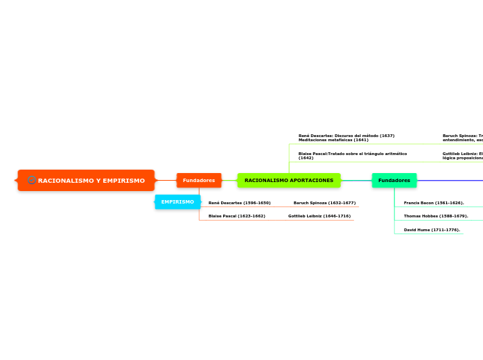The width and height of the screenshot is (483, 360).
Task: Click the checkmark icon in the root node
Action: coord(31,180)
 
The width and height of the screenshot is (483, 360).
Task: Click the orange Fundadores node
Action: coord(199,180)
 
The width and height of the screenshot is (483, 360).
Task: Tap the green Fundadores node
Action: coord(394,180)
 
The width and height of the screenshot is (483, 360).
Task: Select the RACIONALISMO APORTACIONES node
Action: coord(288,180)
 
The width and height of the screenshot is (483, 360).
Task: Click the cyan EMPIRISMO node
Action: coord(177,201)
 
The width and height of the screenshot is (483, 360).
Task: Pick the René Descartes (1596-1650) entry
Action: coord(239,203)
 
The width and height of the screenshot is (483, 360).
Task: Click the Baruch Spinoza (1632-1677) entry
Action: coord(324,203)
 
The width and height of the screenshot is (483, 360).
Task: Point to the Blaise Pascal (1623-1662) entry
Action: coord(236,216)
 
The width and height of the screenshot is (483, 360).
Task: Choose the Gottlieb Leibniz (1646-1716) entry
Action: coord(319,216)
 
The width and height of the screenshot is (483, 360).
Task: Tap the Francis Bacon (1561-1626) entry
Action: coord(434,203)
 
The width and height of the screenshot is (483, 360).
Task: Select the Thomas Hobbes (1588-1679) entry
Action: coord(436,216)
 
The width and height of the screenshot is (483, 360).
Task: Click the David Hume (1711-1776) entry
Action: coord(432,229)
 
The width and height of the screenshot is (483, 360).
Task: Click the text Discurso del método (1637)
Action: coord(367,136)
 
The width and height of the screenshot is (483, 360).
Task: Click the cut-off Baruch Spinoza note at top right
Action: coord(462,138)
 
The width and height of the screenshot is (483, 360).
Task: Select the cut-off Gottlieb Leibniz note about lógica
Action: coord(462,155)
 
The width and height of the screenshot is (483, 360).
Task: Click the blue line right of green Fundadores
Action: coord(450,180)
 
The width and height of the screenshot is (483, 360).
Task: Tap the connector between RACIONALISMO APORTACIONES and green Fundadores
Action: coord(356,180)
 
